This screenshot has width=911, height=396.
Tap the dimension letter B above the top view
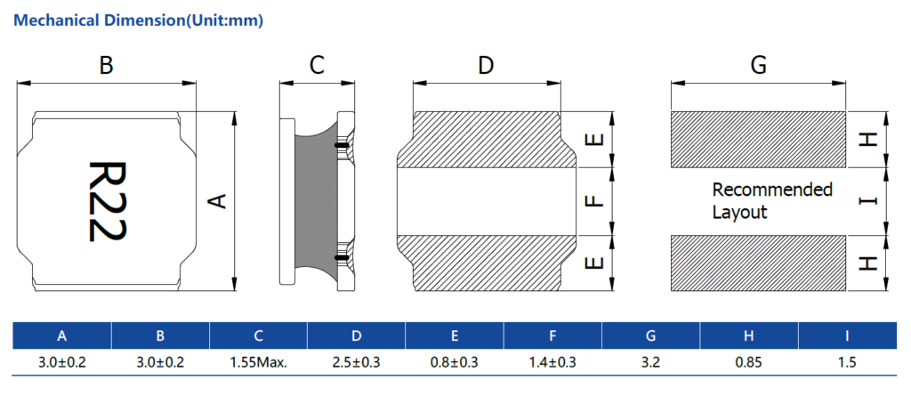[x=106, y=65]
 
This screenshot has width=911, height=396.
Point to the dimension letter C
[x=317, y=65]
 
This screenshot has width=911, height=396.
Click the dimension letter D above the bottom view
[x=486, y=65]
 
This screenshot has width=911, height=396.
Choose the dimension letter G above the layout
[x=758, y=65]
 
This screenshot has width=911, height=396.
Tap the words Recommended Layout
[x=772, y=201]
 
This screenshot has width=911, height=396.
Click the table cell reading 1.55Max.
[x=258, y=362]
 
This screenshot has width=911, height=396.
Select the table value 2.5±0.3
[x=356, y=362]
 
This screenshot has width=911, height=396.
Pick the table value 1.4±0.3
[x=552, y=362]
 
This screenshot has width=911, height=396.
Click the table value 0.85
[x=749, y=362]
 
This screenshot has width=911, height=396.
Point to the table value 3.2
[x=651, y=362]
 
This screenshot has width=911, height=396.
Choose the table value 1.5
[x=847, y=362]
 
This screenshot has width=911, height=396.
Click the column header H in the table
[x=749, y=335]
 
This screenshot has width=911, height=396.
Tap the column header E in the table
[x=455, y=335]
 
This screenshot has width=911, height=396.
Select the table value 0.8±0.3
[x=455, y=362]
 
